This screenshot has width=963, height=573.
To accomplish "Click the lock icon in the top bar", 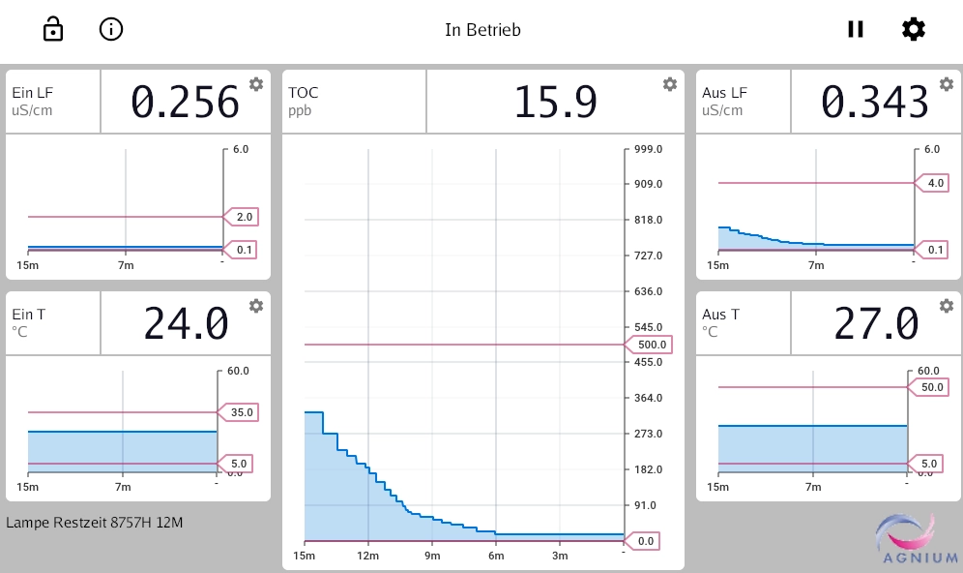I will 53,30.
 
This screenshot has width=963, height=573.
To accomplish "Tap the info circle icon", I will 111,30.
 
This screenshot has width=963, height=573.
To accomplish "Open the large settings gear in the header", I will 913,29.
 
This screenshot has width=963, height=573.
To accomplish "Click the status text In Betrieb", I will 482,30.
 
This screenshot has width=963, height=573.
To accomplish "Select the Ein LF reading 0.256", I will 185,102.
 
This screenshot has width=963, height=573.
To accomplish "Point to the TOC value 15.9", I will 554,102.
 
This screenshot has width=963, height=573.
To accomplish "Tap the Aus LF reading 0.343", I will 875,102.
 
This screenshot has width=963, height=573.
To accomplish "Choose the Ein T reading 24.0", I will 186,323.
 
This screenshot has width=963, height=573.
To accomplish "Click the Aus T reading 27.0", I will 876,323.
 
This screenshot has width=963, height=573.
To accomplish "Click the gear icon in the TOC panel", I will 669,84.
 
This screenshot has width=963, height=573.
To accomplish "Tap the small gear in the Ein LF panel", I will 256,84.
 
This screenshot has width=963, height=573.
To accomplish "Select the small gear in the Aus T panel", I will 946,306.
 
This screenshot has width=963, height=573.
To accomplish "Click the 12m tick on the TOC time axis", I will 368,557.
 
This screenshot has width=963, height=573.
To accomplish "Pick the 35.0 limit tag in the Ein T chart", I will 242,412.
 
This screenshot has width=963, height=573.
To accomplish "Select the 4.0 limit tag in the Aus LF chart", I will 935,183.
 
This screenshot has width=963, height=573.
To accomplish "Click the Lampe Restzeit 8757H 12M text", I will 95,524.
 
